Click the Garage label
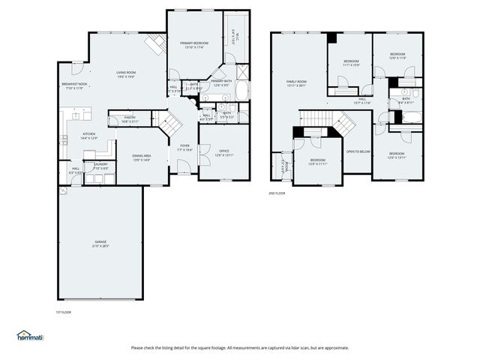coord(100,242)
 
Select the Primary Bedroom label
coord(194,43)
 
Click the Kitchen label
coord(88,135)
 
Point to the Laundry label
coord(100,165)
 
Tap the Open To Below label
coord(358,151)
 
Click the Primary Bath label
coord(222,81)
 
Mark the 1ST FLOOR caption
coord(64,312)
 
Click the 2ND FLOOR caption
coord(277,193)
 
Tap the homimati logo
coord(31,335)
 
